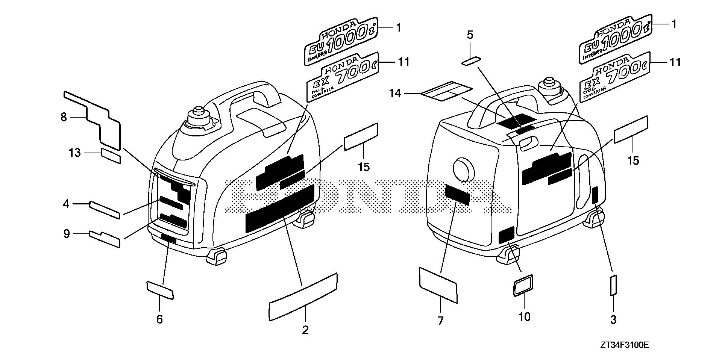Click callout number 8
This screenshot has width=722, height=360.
coord(64,117)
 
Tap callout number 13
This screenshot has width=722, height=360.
coord(75,153)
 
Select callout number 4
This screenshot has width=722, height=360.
coord(66,204)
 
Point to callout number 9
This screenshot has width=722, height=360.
coord(66,234)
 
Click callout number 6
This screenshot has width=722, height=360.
coord(159,319)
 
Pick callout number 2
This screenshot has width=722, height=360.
coord(305,330)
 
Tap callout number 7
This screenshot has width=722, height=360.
coord(440,321)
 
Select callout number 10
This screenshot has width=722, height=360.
coord(524,317)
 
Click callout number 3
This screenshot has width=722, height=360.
coord(613,320)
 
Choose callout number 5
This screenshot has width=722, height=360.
coord(470,35)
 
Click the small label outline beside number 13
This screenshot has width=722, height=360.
coord(111,156)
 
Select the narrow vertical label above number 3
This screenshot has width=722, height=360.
coord(613,285)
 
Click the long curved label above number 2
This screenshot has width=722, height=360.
coord(303,298)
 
